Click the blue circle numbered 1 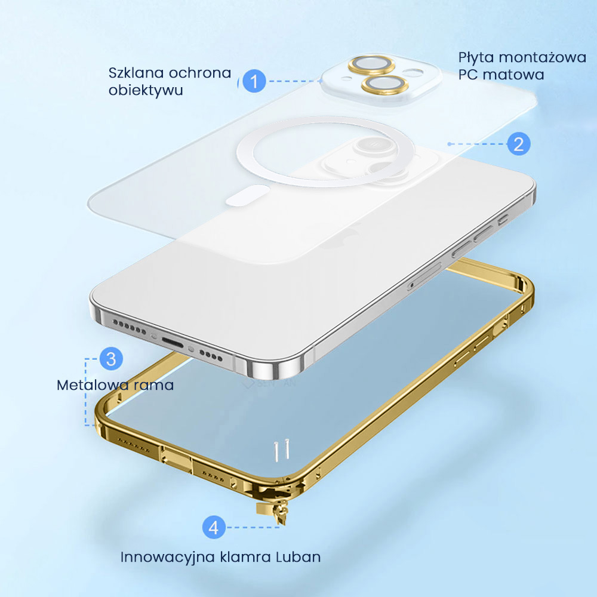click(x=254, y=81)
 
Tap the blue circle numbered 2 click(x=518, y=144)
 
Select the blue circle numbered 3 click(x=110, y=359)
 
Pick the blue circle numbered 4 click(x=214, y=527)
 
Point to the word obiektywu click(x=146, y=91)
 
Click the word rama click(x=154, y=385)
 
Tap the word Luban click(x=298, y=557)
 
